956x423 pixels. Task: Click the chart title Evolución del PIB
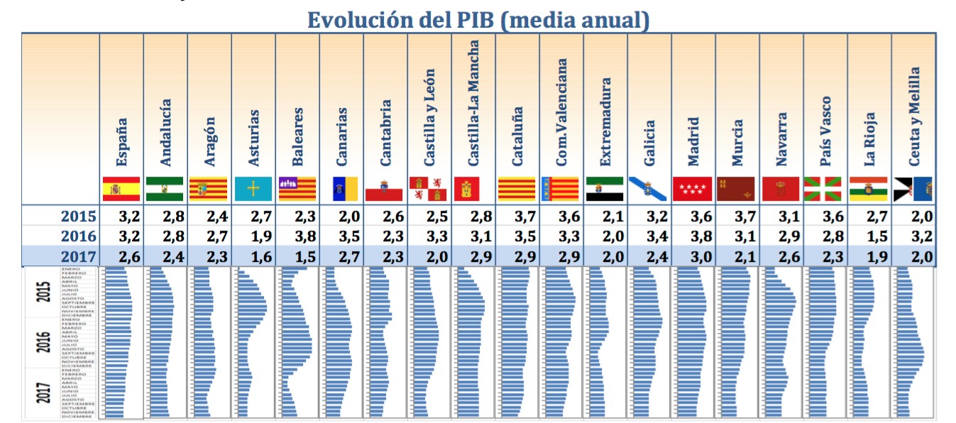[x=478, y=19]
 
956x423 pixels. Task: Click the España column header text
[x=121, y=142]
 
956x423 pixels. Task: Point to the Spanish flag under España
[x=121, y=189]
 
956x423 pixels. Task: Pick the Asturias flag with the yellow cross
[x=253, y=189]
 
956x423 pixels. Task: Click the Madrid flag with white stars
[x=693, y=189]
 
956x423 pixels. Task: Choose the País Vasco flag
[x=825, y=189]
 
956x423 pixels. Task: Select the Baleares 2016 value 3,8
[x=297, y=236]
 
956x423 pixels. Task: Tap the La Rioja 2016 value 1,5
[x=869, y=236]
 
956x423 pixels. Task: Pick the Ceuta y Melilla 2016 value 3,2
[x=913, y=236]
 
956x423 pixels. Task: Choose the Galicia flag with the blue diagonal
[x=649, y=189]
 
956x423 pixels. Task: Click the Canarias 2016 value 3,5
[x=341, y=236]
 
